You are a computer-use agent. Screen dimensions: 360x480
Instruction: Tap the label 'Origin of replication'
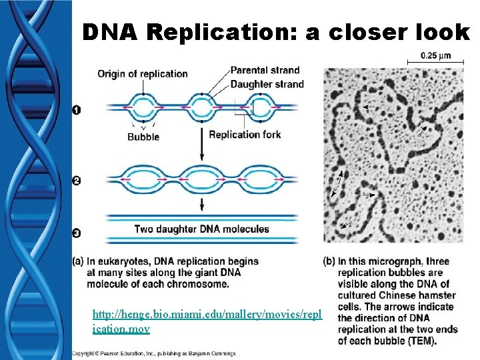pyautogui.click(x=143, y=74)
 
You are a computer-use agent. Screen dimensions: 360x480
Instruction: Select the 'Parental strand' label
pyautogui.click(x=265, y=70)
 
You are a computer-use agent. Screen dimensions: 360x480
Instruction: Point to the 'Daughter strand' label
pyautogui.click(x=267, y=84)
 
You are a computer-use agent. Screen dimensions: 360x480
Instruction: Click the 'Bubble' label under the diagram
pyautogui.click(x=143, y=137)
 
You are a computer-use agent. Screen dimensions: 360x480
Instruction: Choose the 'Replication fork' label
pyautogui.click(x=245, y=135)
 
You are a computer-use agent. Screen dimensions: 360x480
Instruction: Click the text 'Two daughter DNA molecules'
pyautogui.click(x=202, y=229)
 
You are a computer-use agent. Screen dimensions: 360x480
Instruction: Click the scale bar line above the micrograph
pyautogui.click(x=434, y=63)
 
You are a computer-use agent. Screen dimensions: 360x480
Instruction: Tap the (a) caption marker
pyautogui.click(x=78, y=261)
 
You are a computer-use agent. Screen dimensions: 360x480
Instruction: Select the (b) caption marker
pyautogui.click(x=329, y=261)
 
